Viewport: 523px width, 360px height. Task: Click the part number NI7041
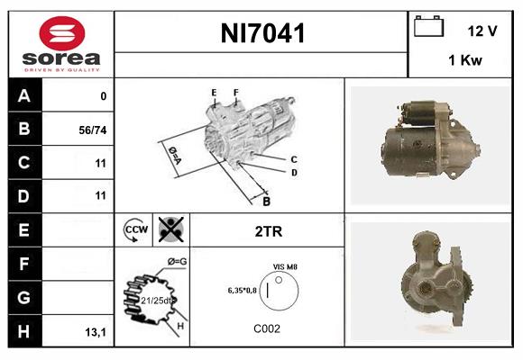[262, 34]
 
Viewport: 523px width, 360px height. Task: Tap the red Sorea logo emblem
[60, 34]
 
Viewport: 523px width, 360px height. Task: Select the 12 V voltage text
[482, 31]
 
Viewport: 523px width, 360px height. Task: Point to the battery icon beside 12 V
[427, 27]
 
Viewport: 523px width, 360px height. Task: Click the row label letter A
[24, 96]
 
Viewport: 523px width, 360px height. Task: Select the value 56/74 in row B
[93, 130]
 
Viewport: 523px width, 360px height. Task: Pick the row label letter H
[24, 330]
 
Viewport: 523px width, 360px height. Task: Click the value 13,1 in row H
[95, 332]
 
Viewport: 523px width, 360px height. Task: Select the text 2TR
[269, 231]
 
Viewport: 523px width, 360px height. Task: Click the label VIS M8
[286, 267]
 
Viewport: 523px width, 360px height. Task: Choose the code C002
[268, 328]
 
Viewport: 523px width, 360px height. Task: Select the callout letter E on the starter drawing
[214, 93]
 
